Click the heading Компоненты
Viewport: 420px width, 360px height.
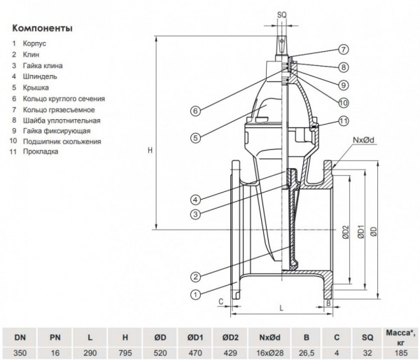tap(42, 29)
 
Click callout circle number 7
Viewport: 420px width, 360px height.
tap(344, 50)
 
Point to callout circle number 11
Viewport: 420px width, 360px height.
tap(344, 120)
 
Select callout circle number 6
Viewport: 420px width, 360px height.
tap(196, 110)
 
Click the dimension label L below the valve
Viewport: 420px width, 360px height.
tap(281, 307)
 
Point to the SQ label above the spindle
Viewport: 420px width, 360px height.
tap(282, 13)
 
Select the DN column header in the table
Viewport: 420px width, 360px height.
tap(20, 336)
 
